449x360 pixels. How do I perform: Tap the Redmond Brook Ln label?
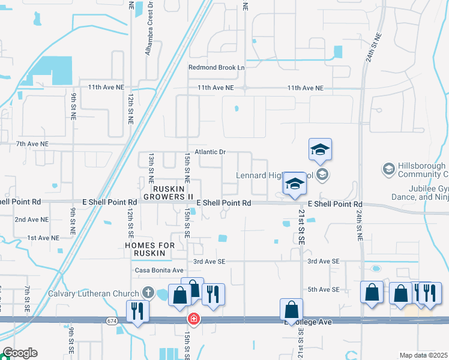pos(217,68)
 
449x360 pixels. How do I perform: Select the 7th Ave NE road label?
pos(32,144)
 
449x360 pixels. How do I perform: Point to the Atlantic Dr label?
pos(209,152)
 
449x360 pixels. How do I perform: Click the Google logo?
pos(19,353)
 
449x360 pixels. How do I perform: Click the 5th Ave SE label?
pos(323,290)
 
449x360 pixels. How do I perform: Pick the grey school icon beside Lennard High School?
pos(322,175)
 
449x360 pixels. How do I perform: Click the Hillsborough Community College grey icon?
pos(388,169)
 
